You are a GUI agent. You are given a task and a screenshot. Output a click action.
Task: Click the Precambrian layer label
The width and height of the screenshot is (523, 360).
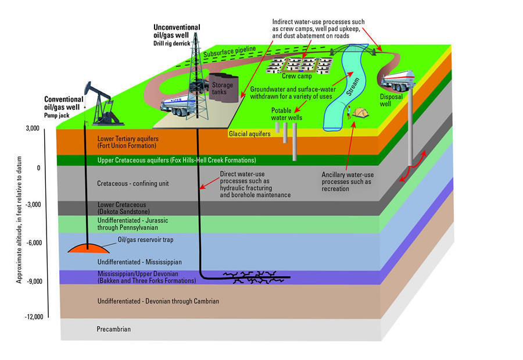pos(114,329)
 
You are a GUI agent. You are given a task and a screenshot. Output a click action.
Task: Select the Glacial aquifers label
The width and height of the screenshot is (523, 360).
pos(250,134)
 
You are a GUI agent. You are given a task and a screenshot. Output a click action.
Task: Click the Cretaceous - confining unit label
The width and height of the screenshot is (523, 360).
pos(132,184)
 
